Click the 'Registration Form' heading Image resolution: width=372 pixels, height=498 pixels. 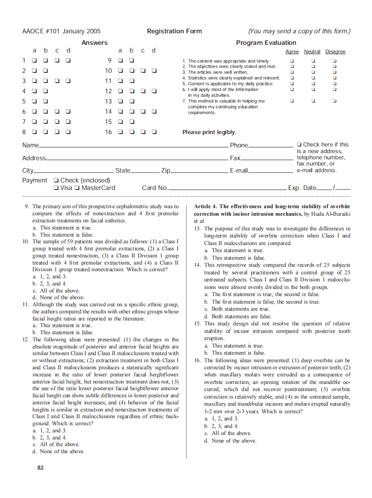(174, 31)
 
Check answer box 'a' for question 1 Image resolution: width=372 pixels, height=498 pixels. (34, 60)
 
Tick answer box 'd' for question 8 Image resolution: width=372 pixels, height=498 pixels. (68, 132)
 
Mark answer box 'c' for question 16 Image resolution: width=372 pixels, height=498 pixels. (143, 132)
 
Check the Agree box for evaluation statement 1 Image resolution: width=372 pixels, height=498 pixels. (292, 61)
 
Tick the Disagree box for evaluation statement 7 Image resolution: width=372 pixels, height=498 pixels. (334, 101)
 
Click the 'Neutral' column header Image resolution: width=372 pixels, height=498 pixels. (312, 52)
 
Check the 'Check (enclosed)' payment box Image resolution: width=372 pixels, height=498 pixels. (55, 180)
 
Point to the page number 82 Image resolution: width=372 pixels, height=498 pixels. (40, 467)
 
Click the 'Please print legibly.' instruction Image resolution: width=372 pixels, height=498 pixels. (209, 132)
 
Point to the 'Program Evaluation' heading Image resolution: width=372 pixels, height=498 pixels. (266, 43)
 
